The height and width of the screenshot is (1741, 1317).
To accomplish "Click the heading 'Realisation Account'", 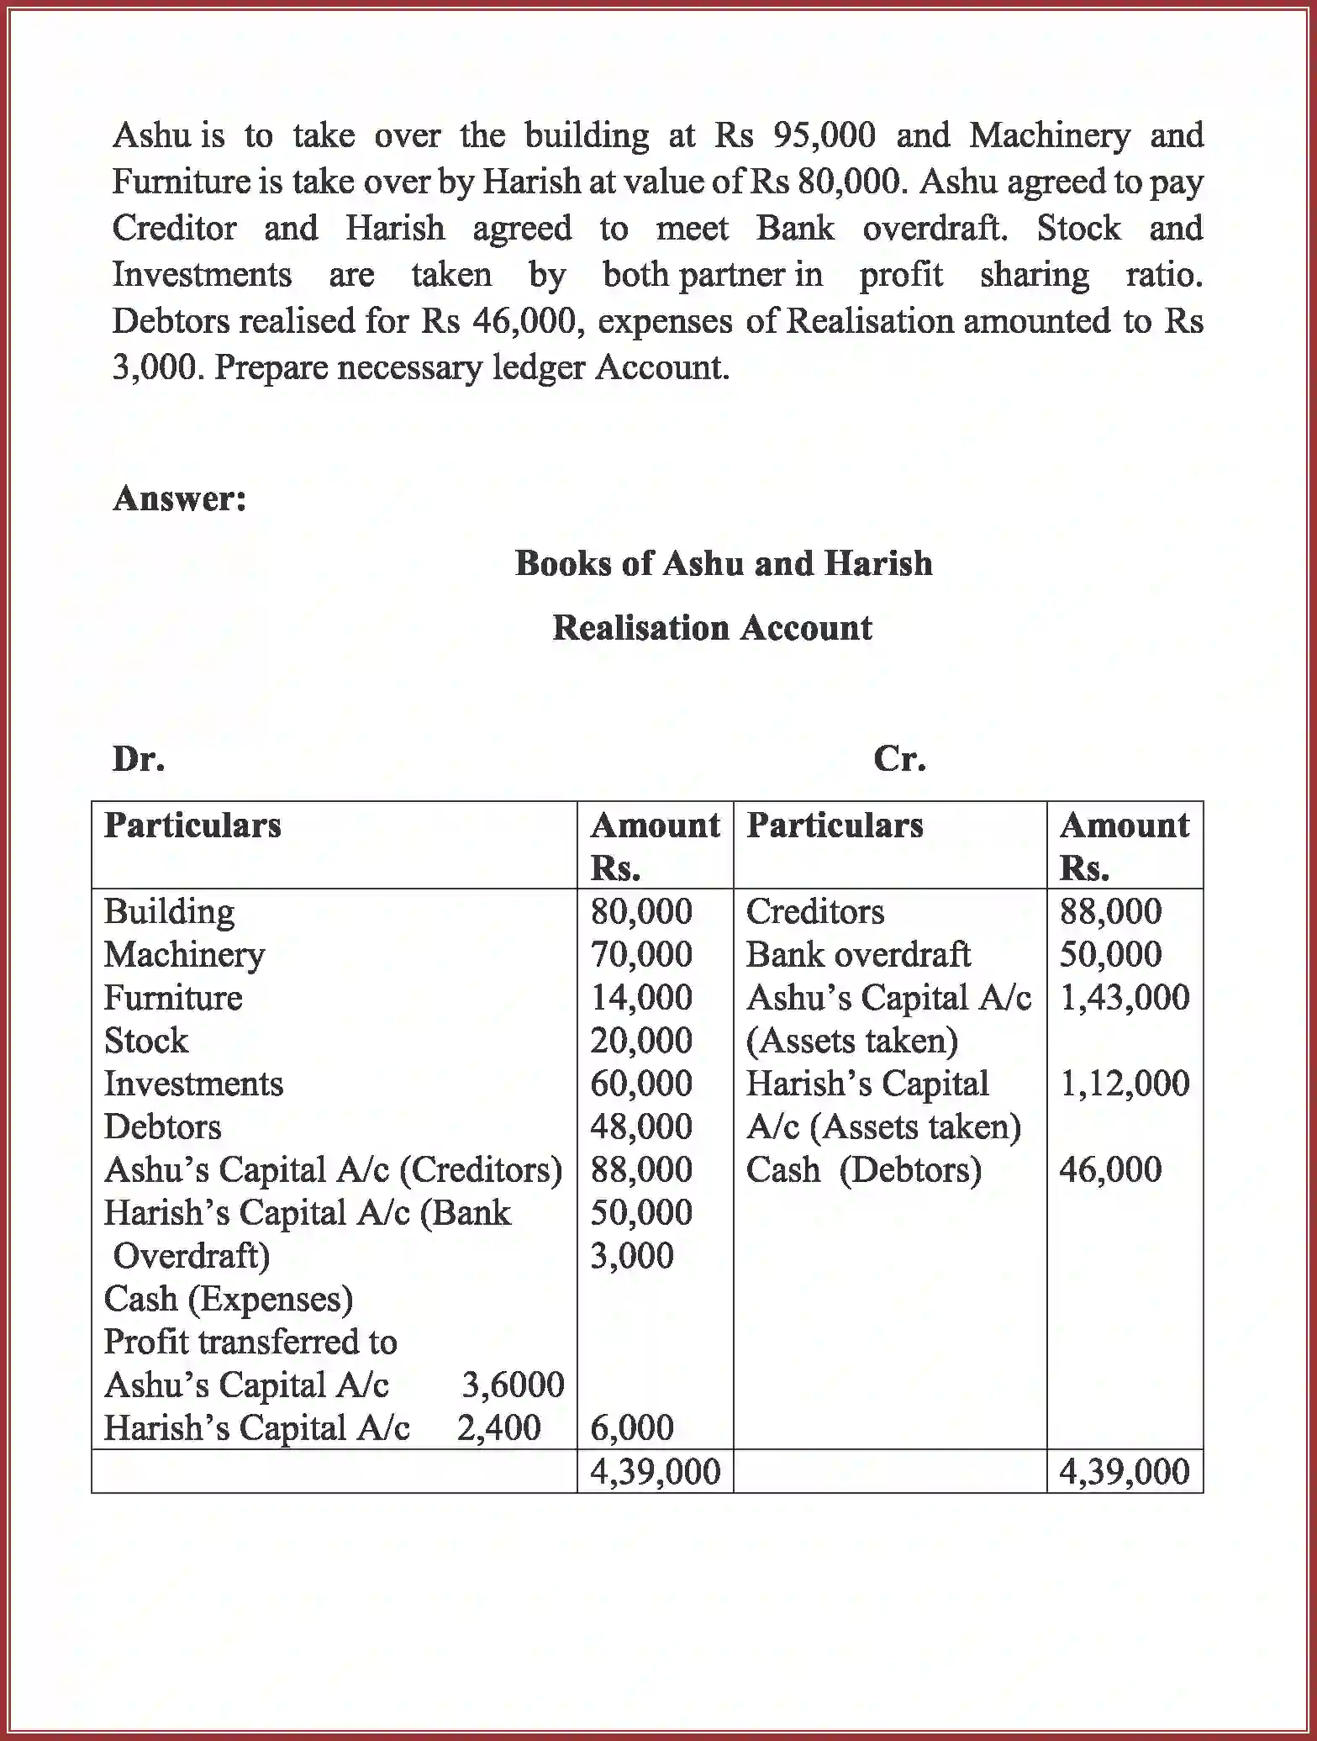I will [x=712, y=628].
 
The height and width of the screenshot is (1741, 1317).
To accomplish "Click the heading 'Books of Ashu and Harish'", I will [x=723, y=563].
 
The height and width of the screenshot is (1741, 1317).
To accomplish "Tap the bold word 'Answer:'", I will [x=179, y=499].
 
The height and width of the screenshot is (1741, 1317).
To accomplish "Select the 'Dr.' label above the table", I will [x=139, y=759].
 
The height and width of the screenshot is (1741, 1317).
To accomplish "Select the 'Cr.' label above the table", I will [x=899, y=759].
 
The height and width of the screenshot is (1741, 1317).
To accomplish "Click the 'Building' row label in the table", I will [x=169, y=912].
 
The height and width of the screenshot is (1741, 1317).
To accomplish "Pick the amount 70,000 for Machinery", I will [x=640, y=955].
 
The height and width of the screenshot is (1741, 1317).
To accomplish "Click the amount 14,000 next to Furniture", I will [x=640, y=998].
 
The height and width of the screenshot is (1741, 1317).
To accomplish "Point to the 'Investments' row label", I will [x=193, y=1084].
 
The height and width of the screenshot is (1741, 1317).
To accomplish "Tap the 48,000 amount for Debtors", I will [x=640, y=1126].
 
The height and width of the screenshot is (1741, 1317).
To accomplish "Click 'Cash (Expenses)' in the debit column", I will [x=228, y=1299].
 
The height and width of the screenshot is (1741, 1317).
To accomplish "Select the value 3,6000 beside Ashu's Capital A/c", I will [x=513, y=1385].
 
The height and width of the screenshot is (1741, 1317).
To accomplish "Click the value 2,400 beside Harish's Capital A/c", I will [x=498, y=1427].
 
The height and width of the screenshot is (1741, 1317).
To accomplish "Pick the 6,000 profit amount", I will [x=632, y=1427].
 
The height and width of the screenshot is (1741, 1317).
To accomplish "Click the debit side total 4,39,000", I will [x=655, y=1471].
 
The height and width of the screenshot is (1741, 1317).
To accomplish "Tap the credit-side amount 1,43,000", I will [x=1124, y=998].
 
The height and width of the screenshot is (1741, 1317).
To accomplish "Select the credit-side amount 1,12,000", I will [x=1124, y=1084].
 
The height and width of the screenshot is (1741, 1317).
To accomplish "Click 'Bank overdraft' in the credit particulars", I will [x=857, y=955].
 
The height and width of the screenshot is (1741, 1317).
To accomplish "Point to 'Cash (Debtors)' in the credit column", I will [x=863, y=1170].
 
